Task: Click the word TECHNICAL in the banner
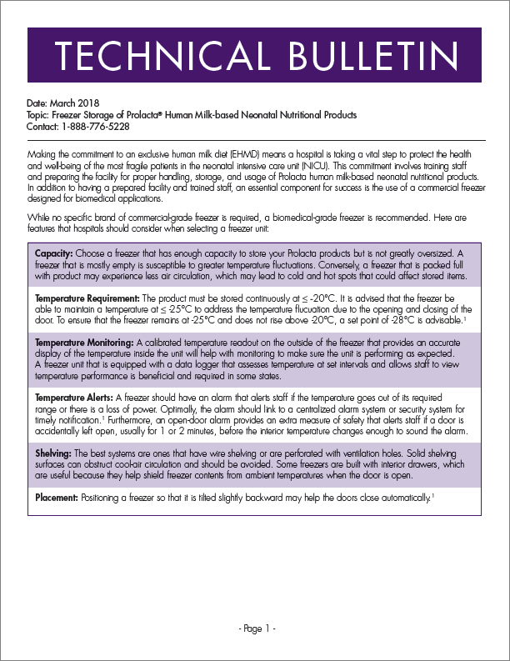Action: [x=155, y=55]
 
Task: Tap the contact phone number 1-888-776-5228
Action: [x=94, y=126]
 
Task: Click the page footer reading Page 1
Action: [x=255, y=628]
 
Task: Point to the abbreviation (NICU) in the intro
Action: [x=277, y=167]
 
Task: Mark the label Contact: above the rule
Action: [x=42, y=126]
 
